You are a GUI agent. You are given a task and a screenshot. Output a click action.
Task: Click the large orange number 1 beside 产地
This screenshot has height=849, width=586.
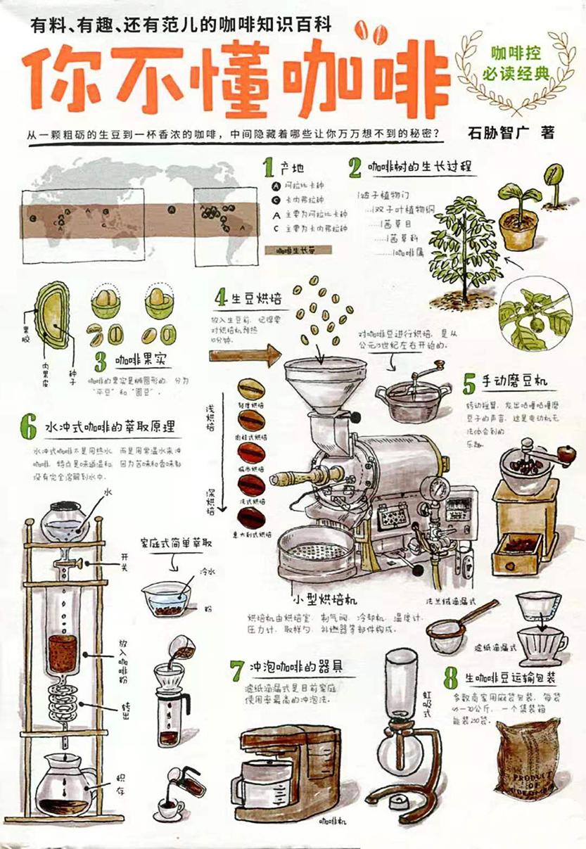[x=267, y=168]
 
